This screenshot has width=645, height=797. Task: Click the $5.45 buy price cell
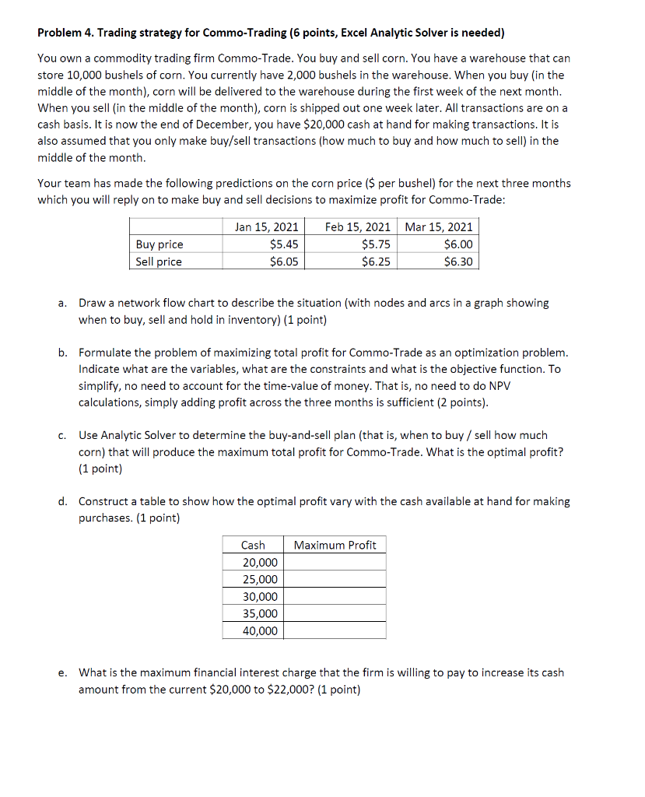pyautogui.click(x=284, y=244)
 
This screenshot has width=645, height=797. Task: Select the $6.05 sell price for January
pyautogui.click(x=284, y=262)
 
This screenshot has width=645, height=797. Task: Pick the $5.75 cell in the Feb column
pyautogui.click(x=376, y=244)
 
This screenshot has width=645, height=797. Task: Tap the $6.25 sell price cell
pyautogui.click(x=376, y=262)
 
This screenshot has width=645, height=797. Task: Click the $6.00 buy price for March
pyautogui.click(x=457, y=244)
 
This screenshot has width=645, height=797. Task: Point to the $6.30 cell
pyautogui.click(x=457, y=262)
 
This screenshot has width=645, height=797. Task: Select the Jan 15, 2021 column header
pyautogui.click(x=266, y=227)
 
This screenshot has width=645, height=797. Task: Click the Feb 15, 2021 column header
pyautogui.click(x=358, y=227)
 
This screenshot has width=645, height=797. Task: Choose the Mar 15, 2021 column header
pyautogui.click(x=439, y=227)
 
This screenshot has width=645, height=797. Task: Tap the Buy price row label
pyautogui.click(x=159, y=244)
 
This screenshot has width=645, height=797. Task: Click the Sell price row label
pyautogui.click(x=159, y=262)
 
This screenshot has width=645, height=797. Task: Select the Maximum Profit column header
pyautogui.click(x=335, y=545)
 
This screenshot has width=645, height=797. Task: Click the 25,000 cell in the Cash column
pyautogui.click(x=260, y=579)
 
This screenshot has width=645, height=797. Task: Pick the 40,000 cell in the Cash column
pyautogui.click(x=260, y=630)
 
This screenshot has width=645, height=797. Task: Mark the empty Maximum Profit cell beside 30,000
pyautogui.click(x=335, y=596)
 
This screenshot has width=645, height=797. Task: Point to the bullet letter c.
pyautogui.click(x=61, y=436)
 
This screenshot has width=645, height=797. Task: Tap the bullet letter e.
pyautogui.click(x=61, y=672)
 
